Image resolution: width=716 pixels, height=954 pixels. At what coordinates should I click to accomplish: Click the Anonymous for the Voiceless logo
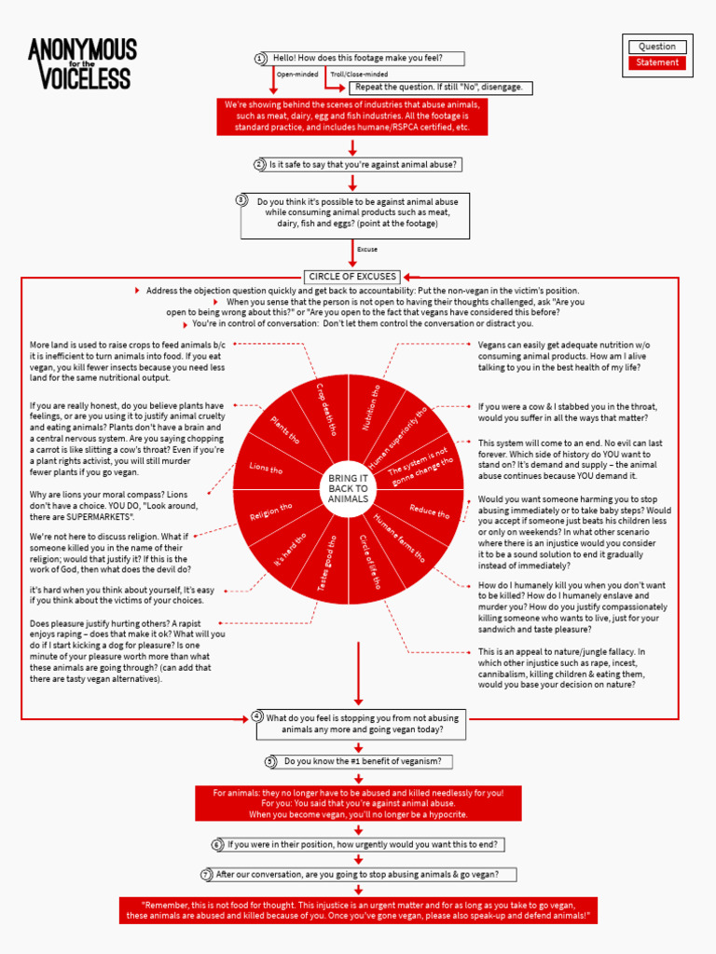(x=82, y=63)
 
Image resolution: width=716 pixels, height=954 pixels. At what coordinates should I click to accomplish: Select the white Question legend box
(x=657, y=47)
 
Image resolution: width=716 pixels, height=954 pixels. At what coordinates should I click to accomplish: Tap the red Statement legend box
(x=657, y=63)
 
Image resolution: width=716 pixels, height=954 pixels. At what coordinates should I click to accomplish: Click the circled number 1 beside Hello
(x=260, y=59)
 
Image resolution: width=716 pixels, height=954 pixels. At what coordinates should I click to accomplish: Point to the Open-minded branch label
(x=297, y=74)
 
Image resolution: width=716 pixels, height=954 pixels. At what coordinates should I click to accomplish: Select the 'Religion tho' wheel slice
(x=270, y=511)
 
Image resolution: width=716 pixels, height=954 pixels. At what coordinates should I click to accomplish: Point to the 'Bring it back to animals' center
(x=349, y=488)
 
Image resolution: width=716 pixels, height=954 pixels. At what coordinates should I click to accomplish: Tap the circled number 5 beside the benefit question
(x=270, y=761)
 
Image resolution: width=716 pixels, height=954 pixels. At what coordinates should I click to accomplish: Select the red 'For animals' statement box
(x=358, y=803)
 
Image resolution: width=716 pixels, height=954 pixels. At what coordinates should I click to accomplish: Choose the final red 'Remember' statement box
(x=358, y=910)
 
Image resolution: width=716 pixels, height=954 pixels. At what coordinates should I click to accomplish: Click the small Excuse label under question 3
(x=367, y=250)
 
